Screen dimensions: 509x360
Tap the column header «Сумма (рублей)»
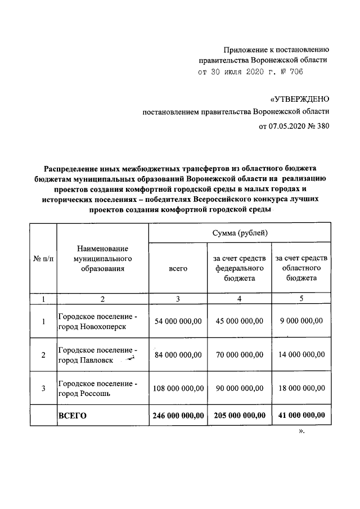click(240, 233)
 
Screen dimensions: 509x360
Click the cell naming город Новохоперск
click(98, 321)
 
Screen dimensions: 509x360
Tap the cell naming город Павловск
click(98, 355)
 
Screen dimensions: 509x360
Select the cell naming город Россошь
click(98, 388)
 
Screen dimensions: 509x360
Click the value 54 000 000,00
click(178, 321)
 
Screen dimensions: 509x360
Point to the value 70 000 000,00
click(240, 355)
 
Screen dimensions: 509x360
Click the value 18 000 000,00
click(301, 388)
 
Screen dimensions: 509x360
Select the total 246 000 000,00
click(178, 416)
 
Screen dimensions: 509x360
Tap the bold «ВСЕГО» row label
click(74, 416)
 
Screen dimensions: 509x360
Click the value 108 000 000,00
click(178, 388)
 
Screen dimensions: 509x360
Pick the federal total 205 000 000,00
click(240, 416)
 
